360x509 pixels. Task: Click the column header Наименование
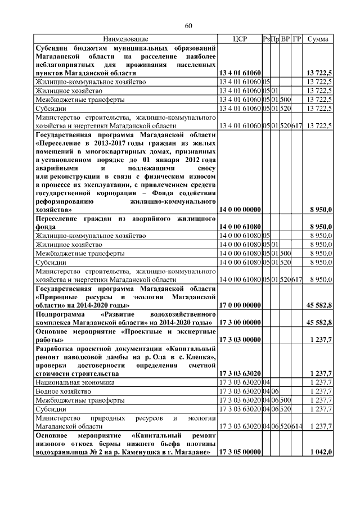[125, 39]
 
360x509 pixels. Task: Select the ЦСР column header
[240, 39]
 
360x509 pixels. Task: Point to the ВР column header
[286, 39]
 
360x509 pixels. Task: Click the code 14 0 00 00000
[240, 210]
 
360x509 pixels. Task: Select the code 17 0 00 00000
[240, 305]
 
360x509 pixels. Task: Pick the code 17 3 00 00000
[240, 322]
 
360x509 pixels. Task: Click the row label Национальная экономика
[67, 382]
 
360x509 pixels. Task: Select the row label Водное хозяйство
[62, 391]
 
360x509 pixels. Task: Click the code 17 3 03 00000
[240, 340]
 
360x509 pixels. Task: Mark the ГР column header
[297, 39]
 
